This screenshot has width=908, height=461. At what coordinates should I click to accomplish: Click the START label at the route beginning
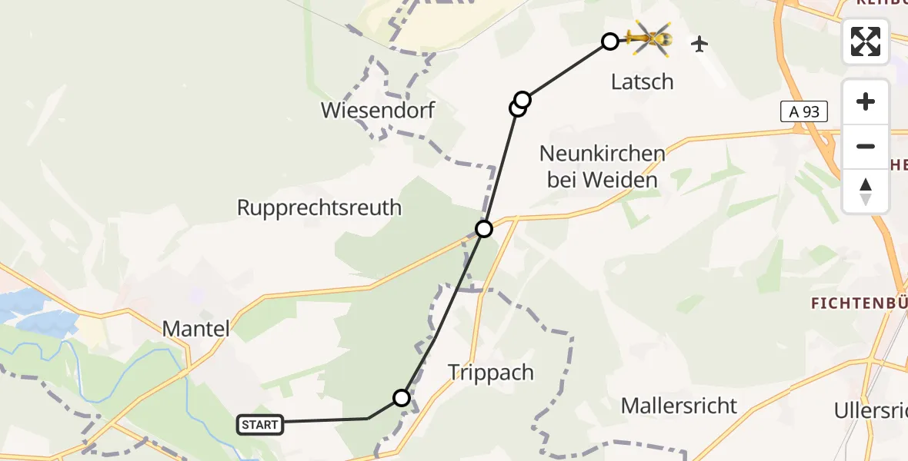[x=260, y=425]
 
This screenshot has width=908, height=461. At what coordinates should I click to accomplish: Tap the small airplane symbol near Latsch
[x=699, y=44]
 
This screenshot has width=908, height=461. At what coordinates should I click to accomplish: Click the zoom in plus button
[x=866, y=102]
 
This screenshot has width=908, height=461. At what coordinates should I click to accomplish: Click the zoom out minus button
[x=866, y=146]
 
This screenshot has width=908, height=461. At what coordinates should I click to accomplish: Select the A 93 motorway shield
[x=804, y=112]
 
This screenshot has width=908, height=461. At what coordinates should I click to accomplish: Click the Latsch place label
[x=642, y=81]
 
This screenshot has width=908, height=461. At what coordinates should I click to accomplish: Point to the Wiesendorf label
[x=377, y=111]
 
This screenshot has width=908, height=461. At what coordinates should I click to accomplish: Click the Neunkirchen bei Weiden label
[x=603, y=167]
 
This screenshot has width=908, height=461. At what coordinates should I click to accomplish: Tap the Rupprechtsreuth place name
[x=319, y=207]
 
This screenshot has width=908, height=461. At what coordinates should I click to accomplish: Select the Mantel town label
[x=196, y=329]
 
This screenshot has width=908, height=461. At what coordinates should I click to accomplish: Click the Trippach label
[x=491, y=373]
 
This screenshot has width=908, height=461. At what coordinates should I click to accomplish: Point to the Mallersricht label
[x=679, y=406]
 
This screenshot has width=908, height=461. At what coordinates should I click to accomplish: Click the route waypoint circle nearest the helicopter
[x=609, y=41]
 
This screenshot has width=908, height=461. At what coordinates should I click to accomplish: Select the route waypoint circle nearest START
[x=402, y=397]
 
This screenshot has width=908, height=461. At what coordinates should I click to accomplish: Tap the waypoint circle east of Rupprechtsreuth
[x=484, y=228]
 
